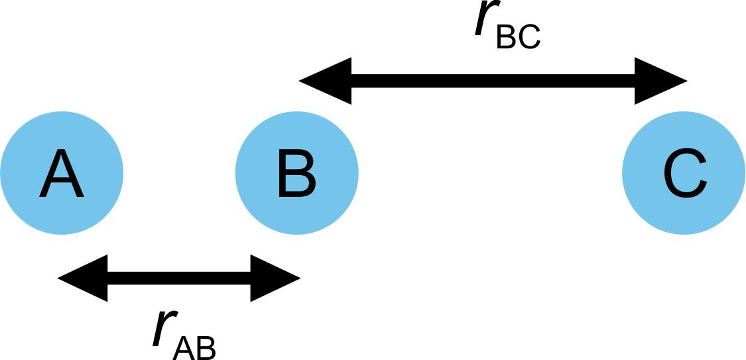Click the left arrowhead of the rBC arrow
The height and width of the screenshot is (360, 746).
(x=325, y=81)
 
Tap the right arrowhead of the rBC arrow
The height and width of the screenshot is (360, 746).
(x=660, y=81)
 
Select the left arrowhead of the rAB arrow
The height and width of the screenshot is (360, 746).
(x=83, y=278)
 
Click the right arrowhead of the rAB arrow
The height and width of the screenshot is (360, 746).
(x=275, y=278)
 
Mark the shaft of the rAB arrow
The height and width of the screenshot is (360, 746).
(x=179, y=278)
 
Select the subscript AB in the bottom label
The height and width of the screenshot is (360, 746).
(x=194, y=347)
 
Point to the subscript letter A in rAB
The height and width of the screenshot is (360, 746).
(x=183, y=347)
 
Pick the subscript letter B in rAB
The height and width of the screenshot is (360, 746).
(x=206, y=347)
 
